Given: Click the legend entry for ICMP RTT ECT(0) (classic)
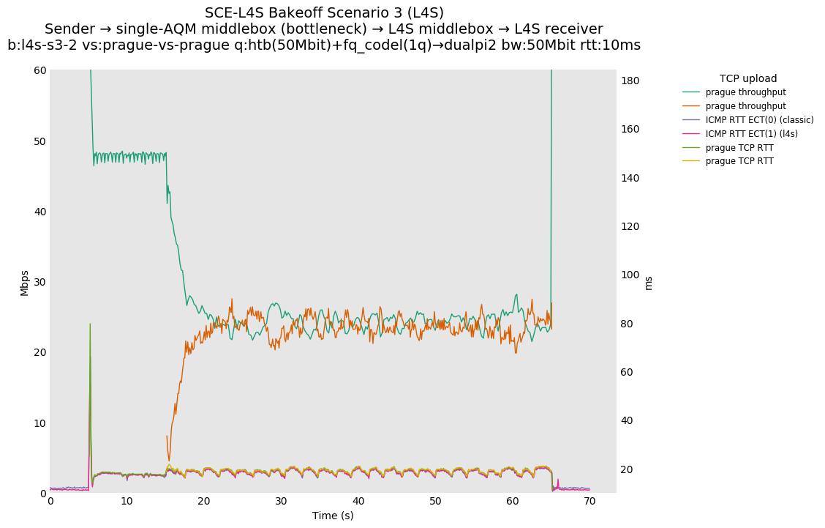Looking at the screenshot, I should (759, 120).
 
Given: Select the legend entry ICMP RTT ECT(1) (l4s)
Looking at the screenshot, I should (751, 134).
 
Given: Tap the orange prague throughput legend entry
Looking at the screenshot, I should (745, 106).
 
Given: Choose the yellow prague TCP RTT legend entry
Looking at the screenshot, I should (739, 161).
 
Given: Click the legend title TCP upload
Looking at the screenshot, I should (747, 78).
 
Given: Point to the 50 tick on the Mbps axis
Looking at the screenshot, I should (38, 141).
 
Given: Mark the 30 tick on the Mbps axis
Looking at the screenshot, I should (38, 282).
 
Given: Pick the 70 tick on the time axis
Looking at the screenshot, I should (589, 502).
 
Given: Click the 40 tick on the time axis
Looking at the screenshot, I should (358, 502).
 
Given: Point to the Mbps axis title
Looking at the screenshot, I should (24, 282).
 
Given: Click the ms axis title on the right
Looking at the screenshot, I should (647, 282).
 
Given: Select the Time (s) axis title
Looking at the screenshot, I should (333, 516).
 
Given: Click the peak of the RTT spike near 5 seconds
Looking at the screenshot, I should (90, 324).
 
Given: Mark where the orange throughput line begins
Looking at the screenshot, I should (167, 436).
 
